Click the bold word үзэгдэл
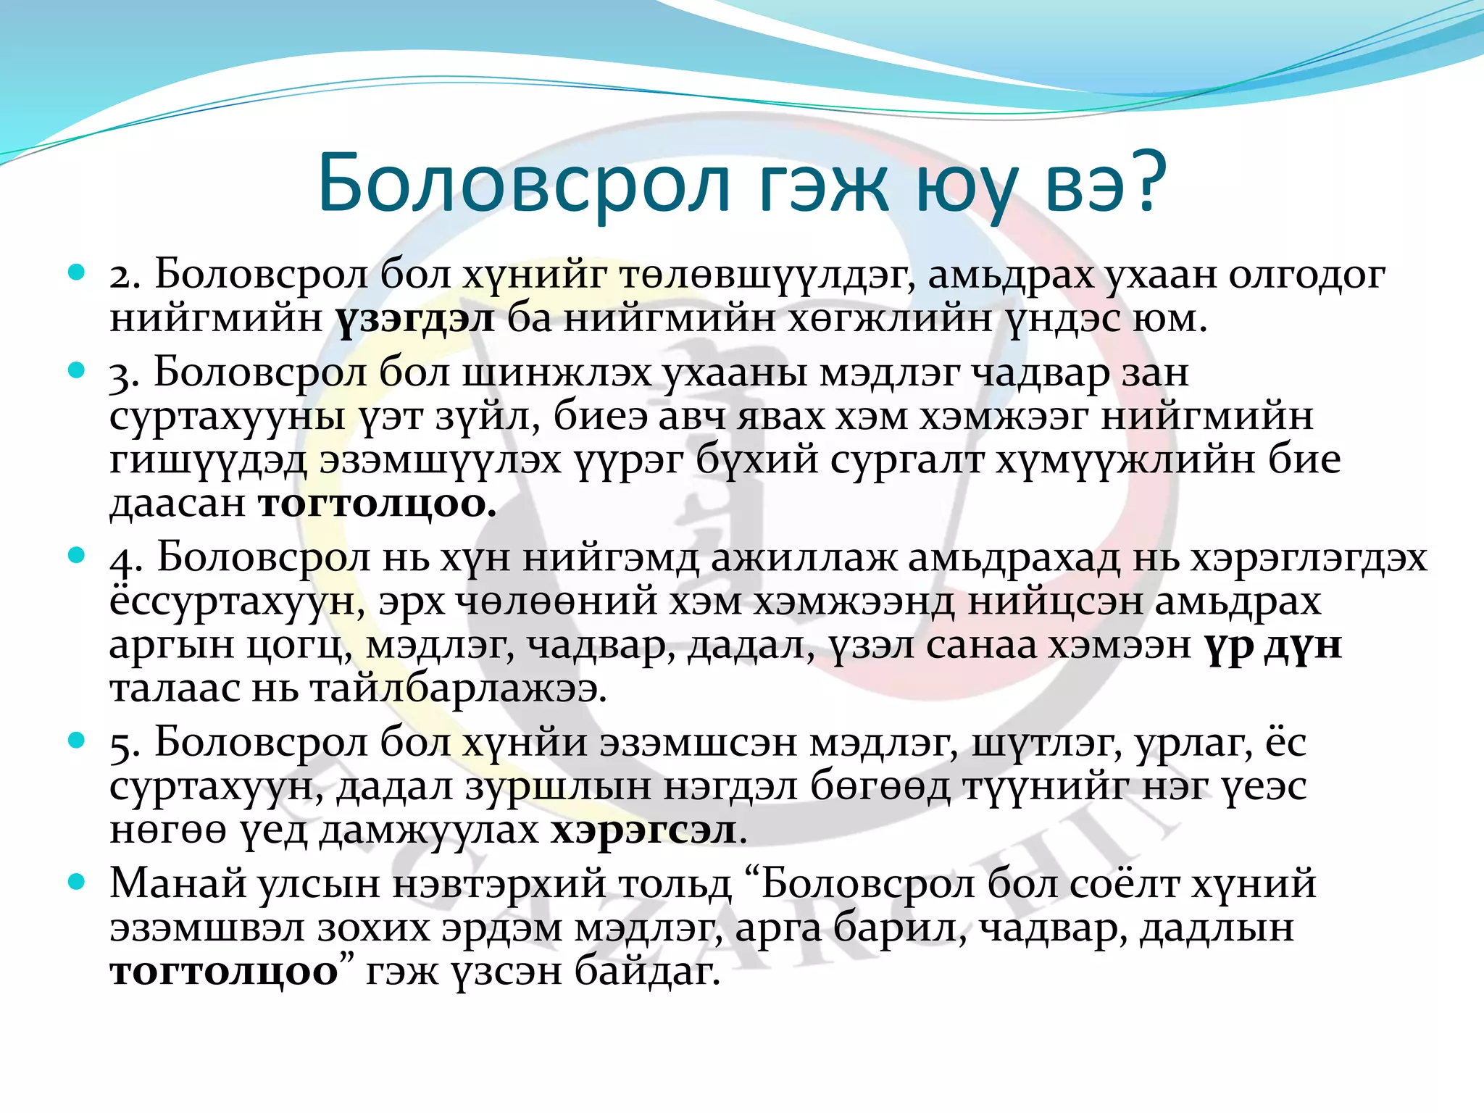tap(415, 320)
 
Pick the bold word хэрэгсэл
tap(643, 830)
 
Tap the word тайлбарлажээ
tap(457, 688)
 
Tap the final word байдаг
tap(648, 971)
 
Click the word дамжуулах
tap(430, 830)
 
